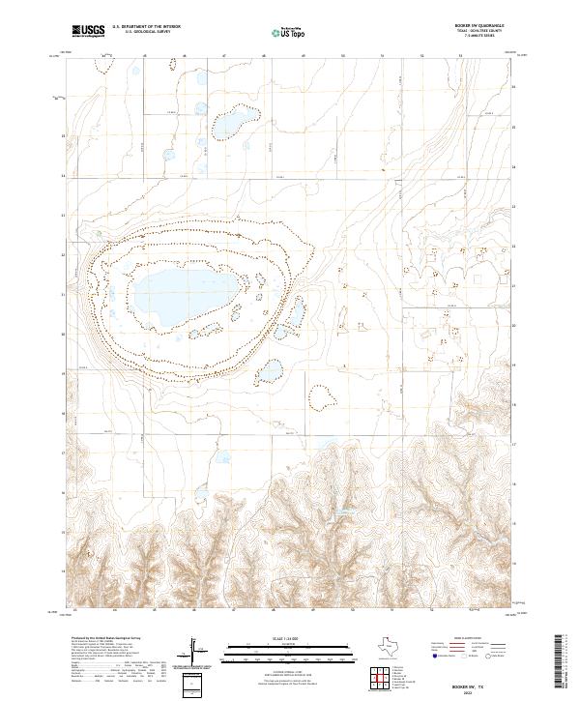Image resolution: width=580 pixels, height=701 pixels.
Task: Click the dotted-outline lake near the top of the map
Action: point(234,123)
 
